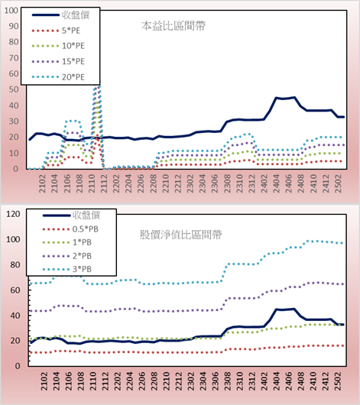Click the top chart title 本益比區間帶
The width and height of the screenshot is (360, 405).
[x=174, y=26]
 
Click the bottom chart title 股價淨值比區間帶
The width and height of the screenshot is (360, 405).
[x=180, y=235]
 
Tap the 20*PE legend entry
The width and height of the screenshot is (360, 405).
[x=58, y=77]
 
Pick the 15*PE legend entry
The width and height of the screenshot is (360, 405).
[x=58, y=61]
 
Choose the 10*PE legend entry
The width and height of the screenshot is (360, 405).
[x=58, y=46]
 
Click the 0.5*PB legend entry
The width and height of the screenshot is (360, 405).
[x=70, y=229]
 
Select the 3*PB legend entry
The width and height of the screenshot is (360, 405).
[x=67, y=269]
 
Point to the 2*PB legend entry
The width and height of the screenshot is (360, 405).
[x=67, y=256]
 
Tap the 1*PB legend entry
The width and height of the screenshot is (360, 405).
[x=67, y=242]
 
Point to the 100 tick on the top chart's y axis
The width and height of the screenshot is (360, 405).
[x=11, y=11]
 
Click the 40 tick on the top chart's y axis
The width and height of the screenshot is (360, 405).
[x=14, y=105]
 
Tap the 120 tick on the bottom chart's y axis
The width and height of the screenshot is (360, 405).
[x=13, y=214]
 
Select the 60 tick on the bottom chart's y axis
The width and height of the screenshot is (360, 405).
[x=15, y=290]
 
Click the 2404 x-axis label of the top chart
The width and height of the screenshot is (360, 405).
[x=276, y=183]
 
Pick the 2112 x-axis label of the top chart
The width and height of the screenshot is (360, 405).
[x=104, y=183]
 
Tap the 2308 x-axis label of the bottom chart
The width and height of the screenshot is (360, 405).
[x=228, y=381]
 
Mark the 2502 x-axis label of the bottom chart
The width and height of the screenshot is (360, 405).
[x=338, y=381]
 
